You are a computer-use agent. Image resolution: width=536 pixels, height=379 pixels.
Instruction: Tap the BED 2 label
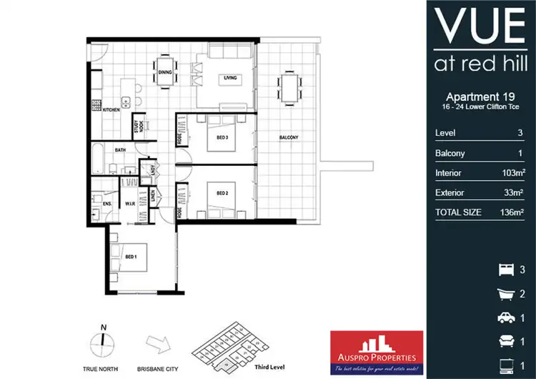click(222, 193)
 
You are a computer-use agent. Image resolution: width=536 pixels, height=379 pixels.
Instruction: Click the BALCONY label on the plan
click(288, 137)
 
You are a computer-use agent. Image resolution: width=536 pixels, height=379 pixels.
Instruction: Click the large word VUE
click(480, 27)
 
